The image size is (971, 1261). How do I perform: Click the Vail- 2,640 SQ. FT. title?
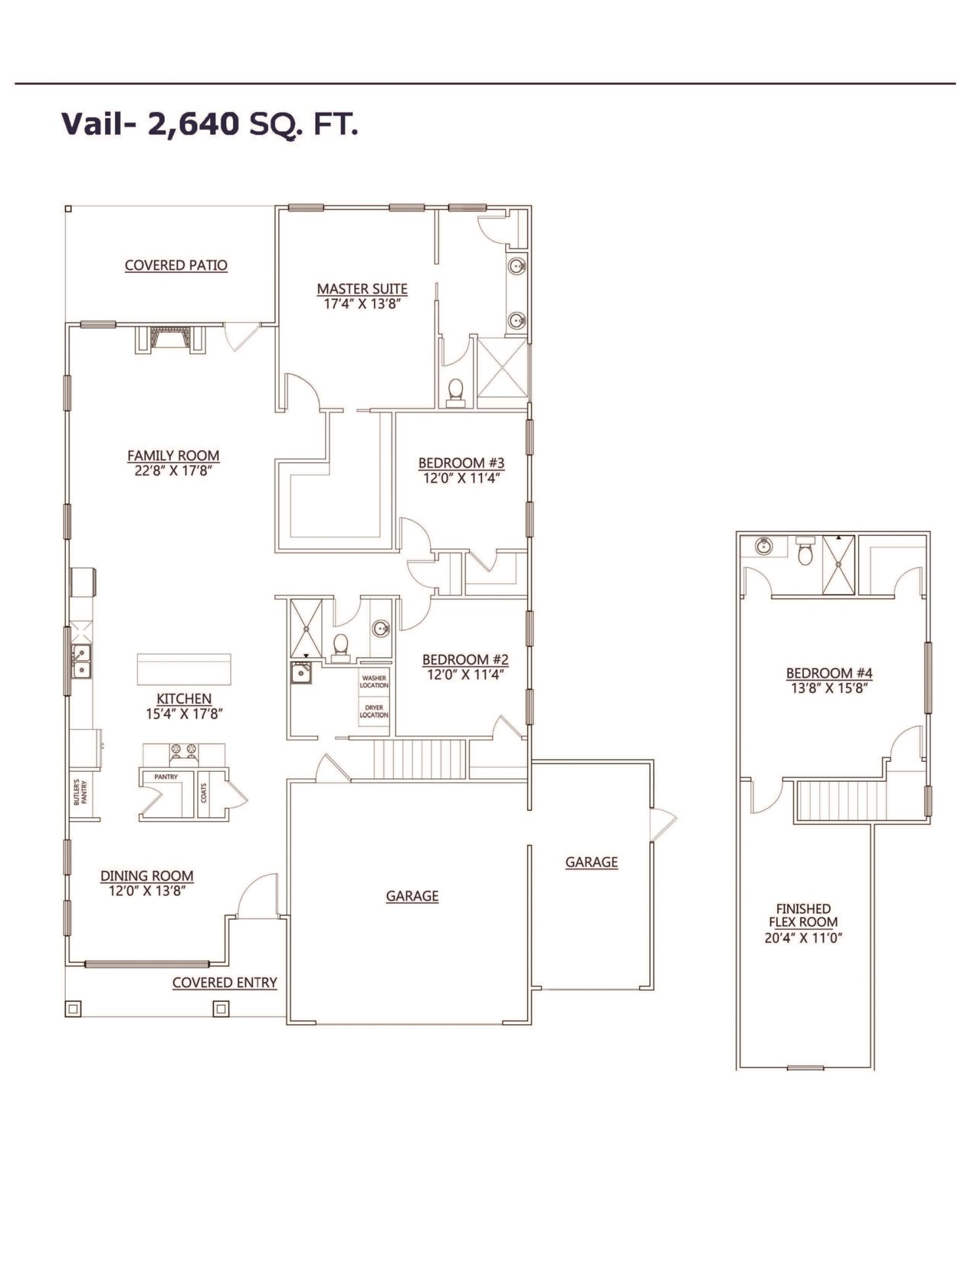210,124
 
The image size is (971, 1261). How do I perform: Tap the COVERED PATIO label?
176,265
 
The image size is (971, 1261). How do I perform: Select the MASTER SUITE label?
362,289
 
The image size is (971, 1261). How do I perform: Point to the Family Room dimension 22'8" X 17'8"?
173,471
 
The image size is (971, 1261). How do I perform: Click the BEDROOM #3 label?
461,463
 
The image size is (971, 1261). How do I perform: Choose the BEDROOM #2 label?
465,659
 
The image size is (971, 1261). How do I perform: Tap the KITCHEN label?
184,699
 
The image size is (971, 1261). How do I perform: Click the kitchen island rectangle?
184,669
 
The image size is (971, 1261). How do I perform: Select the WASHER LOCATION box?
374,682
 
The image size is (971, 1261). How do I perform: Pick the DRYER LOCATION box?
374,711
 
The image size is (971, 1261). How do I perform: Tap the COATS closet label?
204,793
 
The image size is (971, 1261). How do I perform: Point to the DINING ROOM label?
147,875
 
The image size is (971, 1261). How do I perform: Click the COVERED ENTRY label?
225,983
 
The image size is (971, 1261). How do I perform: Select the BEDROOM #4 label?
829,673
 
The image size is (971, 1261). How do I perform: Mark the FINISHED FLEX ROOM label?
803,915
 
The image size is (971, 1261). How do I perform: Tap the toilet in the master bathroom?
455,393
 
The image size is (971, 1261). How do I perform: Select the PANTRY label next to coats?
166,777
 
